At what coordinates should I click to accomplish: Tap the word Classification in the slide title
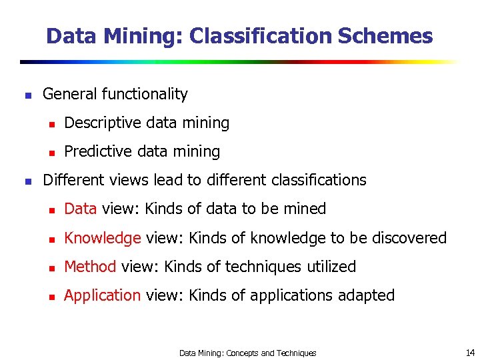261,36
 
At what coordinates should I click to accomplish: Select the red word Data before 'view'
81,209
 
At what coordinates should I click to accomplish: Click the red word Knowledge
102,238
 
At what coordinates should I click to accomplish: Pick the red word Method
90,267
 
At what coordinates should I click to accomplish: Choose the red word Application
102,295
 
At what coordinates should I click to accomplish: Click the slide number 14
470,353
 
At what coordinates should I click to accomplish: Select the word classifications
319,180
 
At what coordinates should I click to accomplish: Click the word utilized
331,267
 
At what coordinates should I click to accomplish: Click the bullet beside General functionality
27,95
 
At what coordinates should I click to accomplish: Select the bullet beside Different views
27,181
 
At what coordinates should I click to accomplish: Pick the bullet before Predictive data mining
50,153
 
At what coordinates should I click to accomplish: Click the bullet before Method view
50,268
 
